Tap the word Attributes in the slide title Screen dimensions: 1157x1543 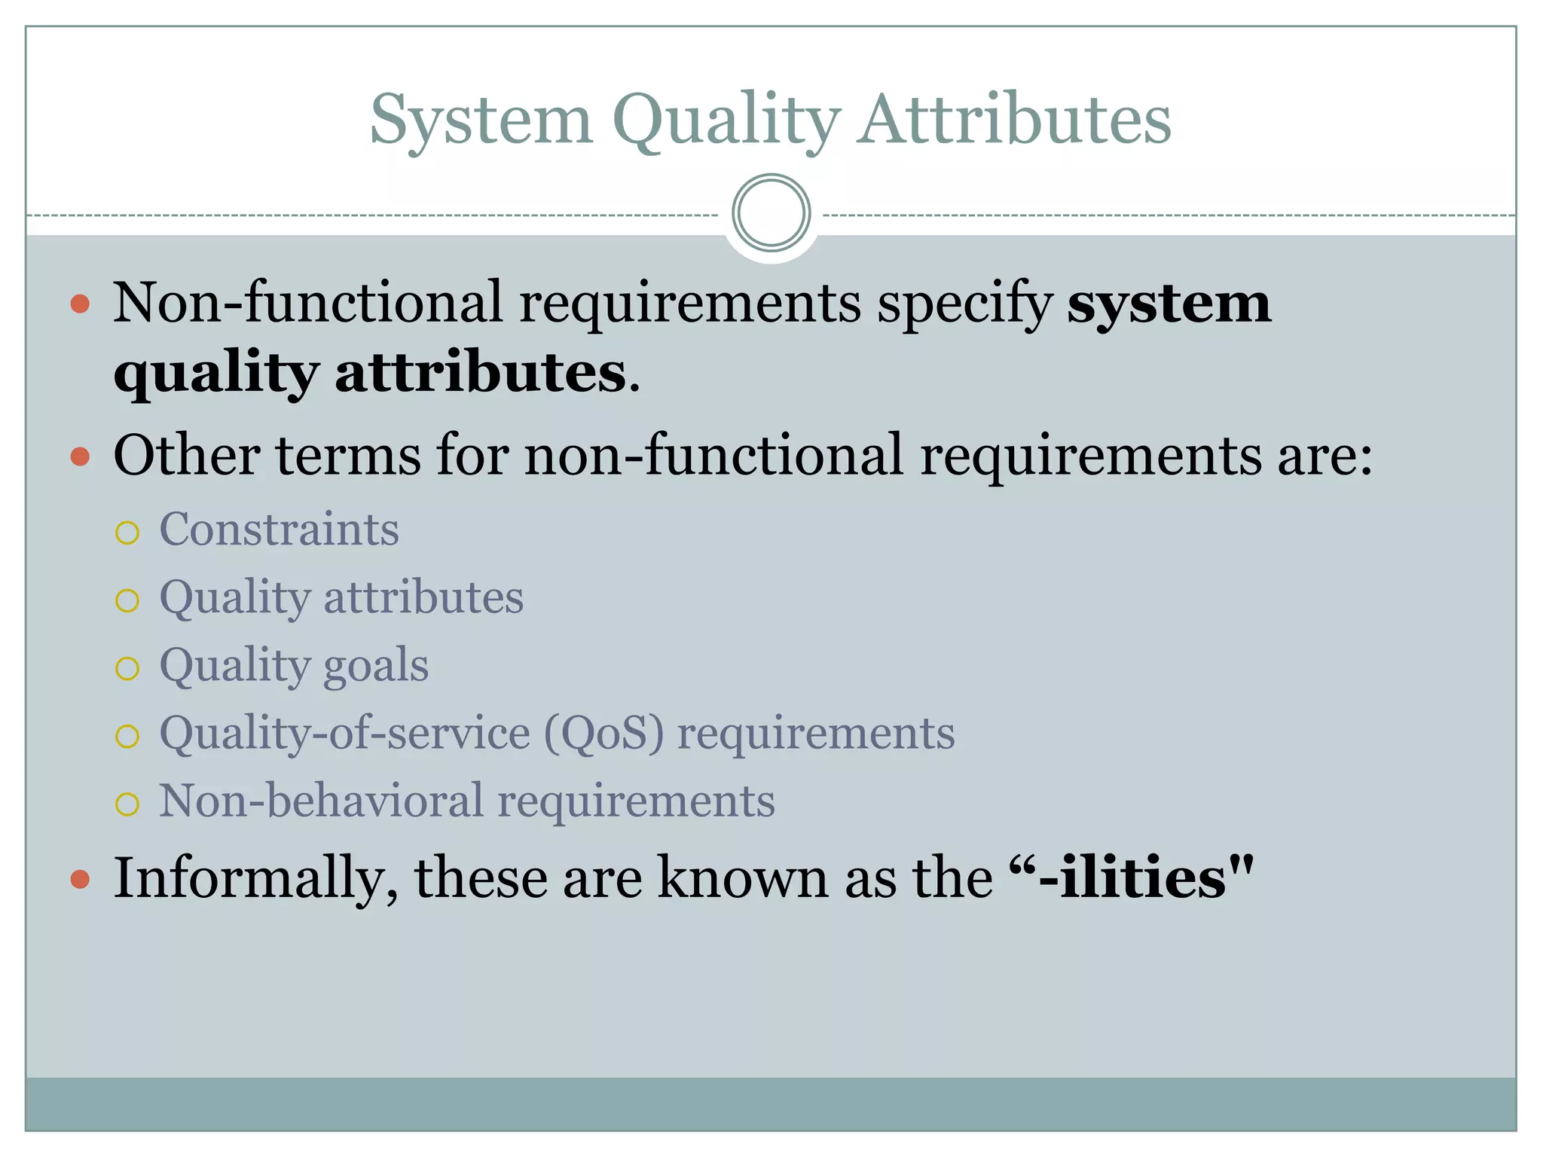point(1015,121)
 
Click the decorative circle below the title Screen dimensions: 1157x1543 point(771,213)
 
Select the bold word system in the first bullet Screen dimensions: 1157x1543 point(1169,304)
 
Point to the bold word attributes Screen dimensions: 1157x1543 point(480,373)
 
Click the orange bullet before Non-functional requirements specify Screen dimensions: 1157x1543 point(80,304)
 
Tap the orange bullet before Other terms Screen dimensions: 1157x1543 point(80,456)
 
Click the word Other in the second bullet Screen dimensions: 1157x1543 point(186,456)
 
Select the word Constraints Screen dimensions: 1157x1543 point(279,530)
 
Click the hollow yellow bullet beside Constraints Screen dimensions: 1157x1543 point(127,533)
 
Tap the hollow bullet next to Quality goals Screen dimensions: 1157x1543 point(127,669)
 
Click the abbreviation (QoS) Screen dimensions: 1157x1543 point(603,734)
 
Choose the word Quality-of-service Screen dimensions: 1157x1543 point(344,734)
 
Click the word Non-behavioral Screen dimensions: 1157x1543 point(320,801)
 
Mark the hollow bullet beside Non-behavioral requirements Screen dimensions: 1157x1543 point(127,804)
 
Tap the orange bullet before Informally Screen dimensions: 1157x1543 point(80,879)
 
